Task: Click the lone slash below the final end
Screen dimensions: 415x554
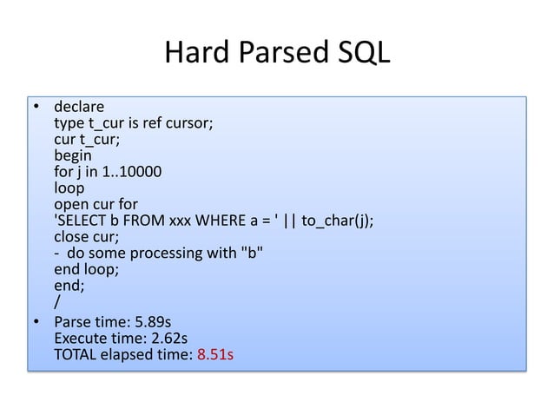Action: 57,300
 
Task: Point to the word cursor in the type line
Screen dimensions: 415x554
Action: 191,124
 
